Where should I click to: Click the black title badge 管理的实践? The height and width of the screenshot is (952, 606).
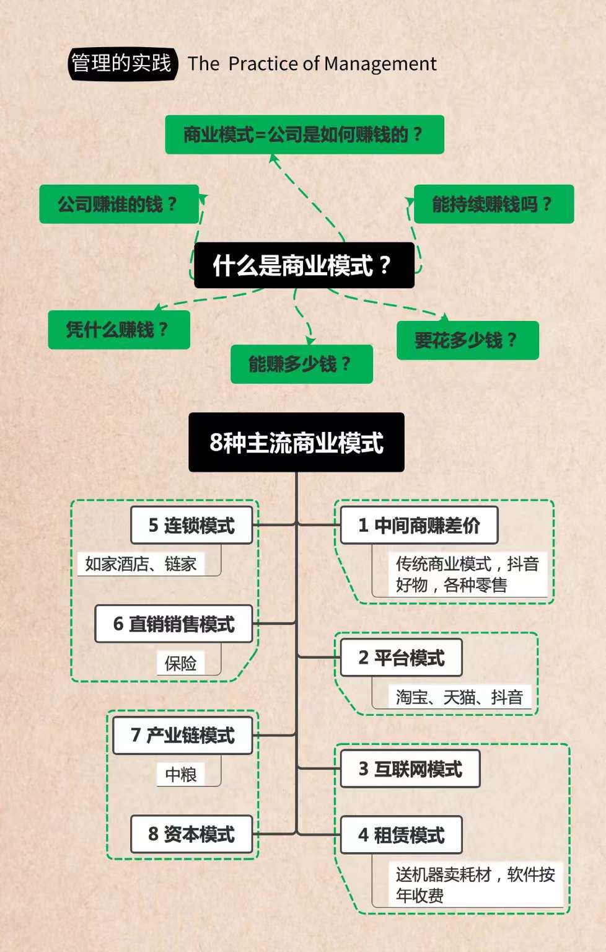click(122, 63)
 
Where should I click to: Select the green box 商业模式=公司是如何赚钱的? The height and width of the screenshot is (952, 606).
click(304, 134)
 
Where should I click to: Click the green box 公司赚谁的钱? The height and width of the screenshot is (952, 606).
click(119, 204)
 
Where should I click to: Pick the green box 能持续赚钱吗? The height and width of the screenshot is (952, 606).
click(493, 204)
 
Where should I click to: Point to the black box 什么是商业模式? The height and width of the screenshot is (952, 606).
click(304, 265)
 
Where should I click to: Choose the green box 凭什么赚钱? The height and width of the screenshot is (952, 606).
click(119, 329)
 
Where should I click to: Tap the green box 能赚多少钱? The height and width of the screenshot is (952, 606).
click(301, 364)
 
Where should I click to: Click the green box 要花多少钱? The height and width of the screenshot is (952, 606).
click(467, 340)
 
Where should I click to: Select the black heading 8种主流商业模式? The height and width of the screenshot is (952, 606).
click(296, 443)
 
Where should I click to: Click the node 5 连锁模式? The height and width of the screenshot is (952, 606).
click(191, 526)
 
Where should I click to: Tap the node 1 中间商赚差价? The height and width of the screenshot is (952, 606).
click(419, 526)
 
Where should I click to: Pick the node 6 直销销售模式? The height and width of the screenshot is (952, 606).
click(174, 624)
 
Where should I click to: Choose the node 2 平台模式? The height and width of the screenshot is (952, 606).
click(401, 658)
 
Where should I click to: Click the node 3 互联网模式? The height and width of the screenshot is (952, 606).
click(410, 769)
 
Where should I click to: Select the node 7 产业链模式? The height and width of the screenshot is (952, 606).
click(183, 736)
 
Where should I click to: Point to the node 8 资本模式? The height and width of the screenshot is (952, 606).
click(191, 834)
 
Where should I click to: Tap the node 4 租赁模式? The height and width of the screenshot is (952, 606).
click(401, 835)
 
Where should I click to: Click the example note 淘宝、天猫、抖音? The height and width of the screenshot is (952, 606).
click(459, 697)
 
